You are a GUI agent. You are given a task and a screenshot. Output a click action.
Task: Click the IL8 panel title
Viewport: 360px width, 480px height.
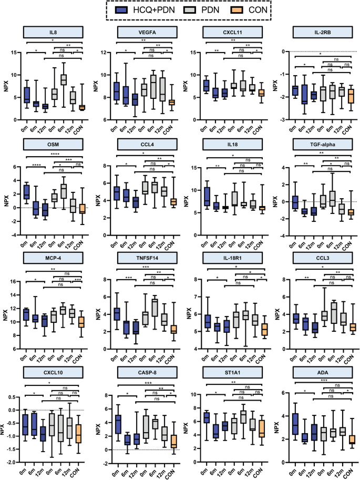tap(54, 32)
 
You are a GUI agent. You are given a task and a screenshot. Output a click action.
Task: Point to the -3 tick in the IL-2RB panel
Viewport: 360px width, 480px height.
tap(282, 120)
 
